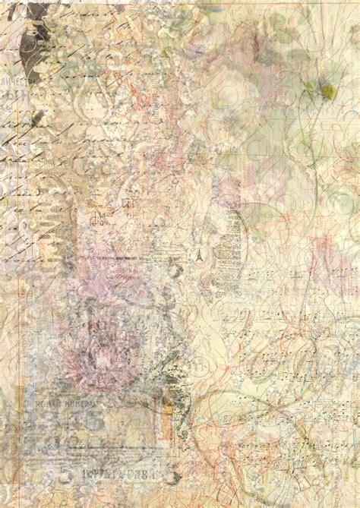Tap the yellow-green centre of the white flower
(x=327, y=92)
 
